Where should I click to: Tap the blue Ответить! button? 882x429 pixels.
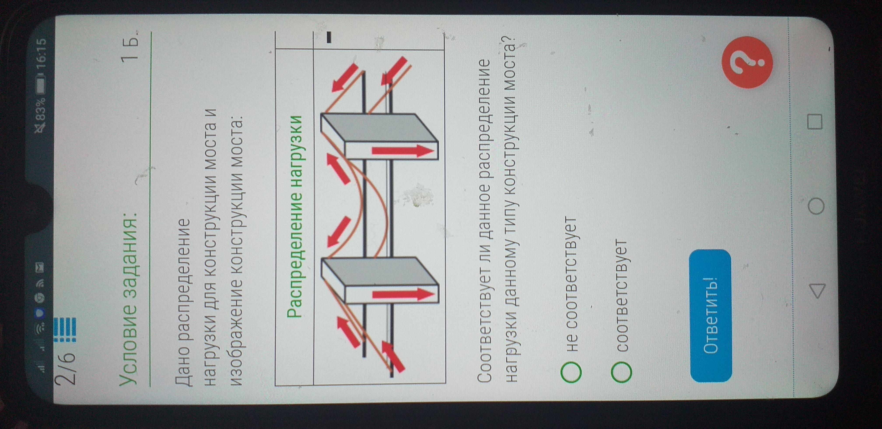click(710, 316)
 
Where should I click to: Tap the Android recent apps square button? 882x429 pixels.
click(815, 122)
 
